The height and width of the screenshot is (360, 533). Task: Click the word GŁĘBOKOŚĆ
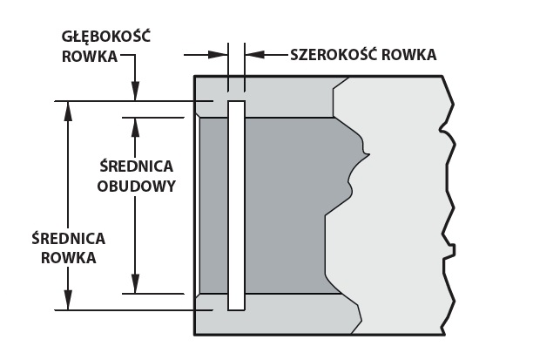(x=106, y=37)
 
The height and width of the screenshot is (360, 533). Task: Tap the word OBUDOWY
(x=137, y=187)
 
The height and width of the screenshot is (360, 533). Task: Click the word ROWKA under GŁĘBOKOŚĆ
(x=90, y=57)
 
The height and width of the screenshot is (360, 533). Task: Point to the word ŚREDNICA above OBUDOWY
(x=137, y=166)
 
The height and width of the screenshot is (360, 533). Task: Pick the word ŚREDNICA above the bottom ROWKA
(x=68, y=238)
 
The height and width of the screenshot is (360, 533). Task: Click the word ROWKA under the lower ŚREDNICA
(x=68, y=258)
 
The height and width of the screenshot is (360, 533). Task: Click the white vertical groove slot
(x=236, y=206)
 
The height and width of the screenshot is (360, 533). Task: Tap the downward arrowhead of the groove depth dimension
(x=136, y=92)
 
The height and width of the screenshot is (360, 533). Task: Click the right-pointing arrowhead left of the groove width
(x=218, y=54)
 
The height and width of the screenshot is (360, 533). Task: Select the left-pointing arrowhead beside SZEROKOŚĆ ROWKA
(x=254, y=54)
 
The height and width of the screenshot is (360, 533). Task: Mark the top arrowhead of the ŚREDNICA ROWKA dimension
(x=68, y=111)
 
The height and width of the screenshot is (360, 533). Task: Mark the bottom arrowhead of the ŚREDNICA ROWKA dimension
(x=68, y=301)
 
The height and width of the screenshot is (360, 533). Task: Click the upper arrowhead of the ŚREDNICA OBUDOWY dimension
(x=136, y=127)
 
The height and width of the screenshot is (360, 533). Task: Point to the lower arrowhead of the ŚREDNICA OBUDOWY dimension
(x=136, y=284)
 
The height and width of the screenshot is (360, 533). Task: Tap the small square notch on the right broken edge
(x=452, y=249)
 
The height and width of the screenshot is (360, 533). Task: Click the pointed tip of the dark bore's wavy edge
(x=368, y=155)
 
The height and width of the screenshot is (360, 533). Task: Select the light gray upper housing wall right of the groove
(x=289, y=97)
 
